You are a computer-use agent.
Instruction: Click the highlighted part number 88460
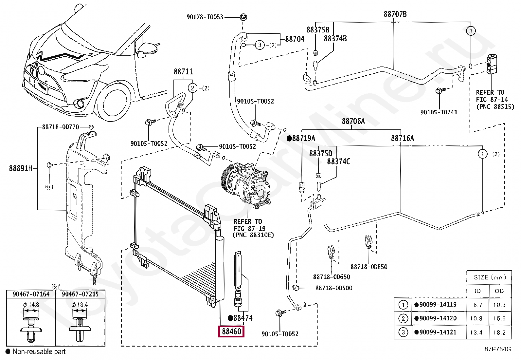click(231, 331)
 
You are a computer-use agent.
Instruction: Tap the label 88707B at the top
click(395, 14)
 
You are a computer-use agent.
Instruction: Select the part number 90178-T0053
click(205, 17)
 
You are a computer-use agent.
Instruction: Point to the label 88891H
click(21, 168)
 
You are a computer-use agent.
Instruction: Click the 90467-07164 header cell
click(31, 294)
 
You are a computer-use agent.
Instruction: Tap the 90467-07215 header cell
click(80, 294)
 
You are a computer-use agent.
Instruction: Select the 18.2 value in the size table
click(499, 332)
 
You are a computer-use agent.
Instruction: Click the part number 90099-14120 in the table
click(438, 318)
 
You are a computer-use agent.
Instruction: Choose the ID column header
click(477, 291)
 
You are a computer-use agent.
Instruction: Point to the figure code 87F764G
click(498, 349)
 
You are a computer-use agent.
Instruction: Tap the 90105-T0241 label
click(439, 112)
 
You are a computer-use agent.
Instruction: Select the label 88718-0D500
click(334, 288)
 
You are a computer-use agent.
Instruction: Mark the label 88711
click(183, 71)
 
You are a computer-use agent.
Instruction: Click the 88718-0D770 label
click(61, 127)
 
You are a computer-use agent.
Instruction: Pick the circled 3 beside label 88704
click(260, 45)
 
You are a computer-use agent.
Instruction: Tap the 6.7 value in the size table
click(478, 305)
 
